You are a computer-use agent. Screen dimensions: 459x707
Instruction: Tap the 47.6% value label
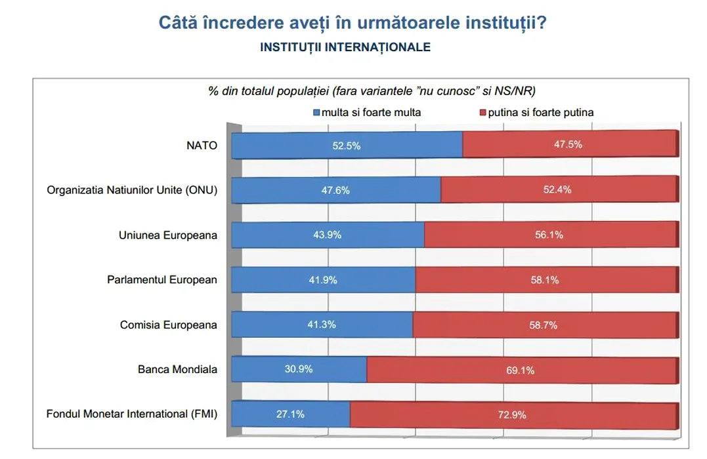(335, 191)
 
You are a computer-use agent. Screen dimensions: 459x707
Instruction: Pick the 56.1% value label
(549, 235)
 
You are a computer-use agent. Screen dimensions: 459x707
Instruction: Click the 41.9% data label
(323, 280)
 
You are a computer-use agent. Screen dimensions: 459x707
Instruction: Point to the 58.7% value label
(544, 325)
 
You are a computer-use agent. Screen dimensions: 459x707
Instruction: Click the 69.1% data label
(521, 370)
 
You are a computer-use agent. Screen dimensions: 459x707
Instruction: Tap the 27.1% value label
(291, 414)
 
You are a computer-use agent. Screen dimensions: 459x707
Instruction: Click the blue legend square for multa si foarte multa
(316, 113)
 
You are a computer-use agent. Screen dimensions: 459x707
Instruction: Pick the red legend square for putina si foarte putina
(483, 113)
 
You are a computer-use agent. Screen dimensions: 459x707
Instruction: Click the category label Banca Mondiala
(177, 369)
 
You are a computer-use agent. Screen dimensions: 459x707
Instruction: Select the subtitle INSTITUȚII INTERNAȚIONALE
(345, 47)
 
